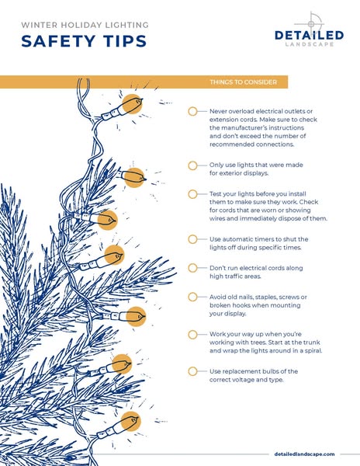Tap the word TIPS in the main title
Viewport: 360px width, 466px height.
point(126,41)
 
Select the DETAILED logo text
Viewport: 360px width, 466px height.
point(310,36)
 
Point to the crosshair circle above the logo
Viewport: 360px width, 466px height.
point(311,23)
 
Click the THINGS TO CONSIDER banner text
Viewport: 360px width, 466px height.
point(243,82)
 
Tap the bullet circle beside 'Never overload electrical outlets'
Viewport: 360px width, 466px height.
point(192,111)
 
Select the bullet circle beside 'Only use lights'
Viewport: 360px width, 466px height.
point(192,165)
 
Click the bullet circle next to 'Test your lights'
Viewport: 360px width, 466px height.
point(192,194)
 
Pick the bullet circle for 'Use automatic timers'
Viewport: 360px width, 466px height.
point(192,239)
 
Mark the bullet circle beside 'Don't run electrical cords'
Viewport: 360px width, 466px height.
point(192,268)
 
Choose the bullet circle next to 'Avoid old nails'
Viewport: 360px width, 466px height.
point(192,297)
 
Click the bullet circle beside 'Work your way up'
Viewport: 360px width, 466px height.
point(192,334)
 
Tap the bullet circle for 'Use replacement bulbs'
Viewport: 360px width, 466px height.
point(192,371)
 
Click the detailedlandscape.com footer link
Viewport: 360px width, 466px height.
point(304,454)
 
